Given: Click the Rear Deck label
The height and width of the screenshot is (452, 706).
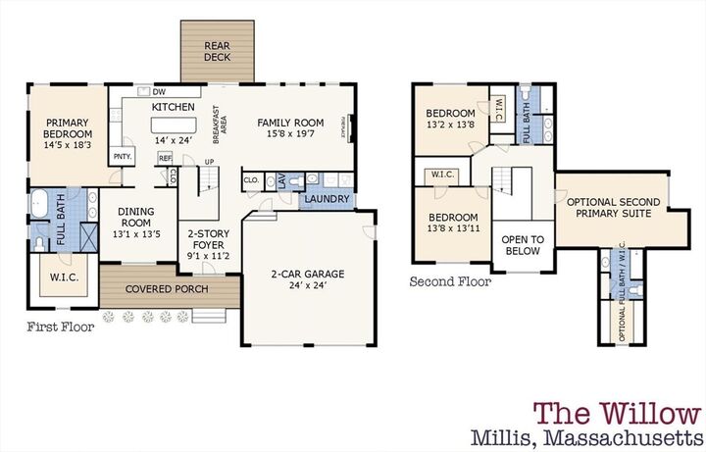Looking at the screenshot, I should click(217, 52).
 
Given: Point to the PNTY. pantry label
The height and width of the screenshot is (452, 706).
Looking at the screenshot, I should click(122, 157).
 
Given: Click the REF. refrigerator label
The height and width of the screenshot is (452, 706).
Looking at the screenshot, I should click(165, 158).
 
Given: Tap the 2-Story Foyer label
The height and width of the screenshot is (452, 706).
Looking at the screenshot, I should click(208, 240).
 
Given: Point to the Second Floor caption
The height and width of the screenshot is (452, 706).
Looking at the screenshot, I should click(450, 281).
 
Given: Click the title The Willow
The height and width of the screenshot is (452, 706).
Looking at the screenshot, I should click(616, 413).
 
